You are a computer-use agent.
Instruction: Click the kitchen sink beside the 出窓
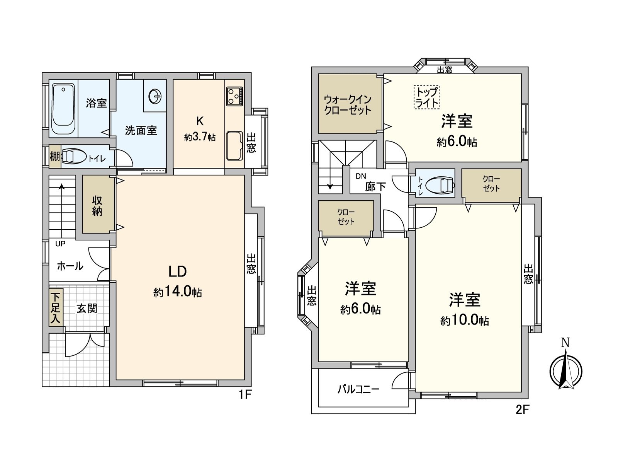pos(234,145)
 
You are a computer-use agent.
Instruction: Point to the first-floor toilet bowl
pos(74,157)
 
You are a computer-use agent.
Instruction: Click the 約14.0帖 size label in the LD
pos(178,292)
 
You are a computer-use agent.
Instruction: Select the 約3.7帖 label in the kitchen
pos(200,137)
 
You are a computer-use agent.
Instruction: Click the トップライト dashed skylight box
pos(427,97)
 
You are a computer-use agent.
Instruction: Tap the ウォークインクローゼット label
pos(348,104)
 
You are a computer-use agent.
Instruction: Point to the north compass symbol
pos(566,369)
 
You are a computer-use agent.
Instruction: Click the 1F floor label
pos(245,395)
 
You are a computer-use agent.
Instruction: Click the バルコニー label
pos(358,389)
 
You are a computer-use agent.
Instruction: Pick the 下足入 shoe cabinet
pos(56,308)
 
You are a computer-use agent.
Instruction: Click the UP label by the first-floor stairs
pos(60,244)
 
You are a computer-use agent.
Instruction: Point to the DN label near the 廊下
pos(361,176)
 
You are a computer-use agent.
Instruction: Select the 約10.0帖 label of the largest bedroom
pos(465,321)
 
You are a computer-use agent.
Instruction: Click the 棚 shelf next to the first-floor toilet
pos(54,157)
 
